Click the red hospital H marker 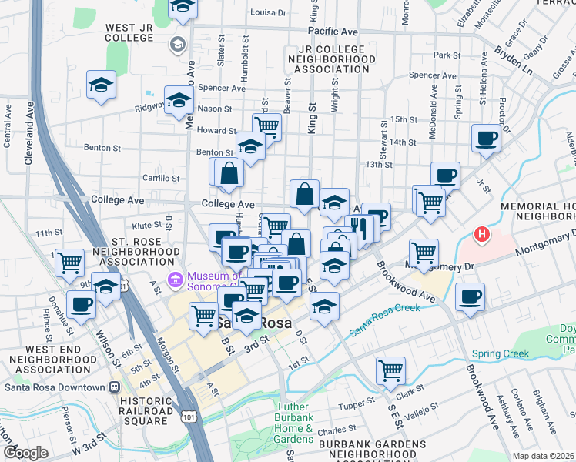coord(482,233)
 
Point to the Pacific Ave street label coord(333,32)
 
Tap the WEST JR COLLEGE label coord(129,32)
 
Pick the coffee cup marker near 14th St coord(486,139)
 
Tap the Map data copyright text coord(544,455)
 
